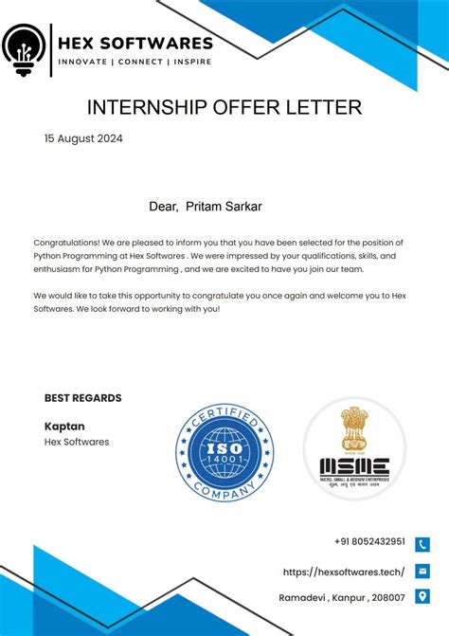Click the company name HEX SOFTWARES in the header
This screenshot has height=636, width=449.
pyautogui.click(x=135, y=43)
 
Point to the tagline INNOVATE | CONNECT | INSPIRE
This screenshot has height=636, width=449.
pyautogui.click(x=135, y=62)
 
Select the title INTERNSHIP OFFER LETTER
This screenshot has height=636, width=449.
pyautogui.click(x=224, y=106)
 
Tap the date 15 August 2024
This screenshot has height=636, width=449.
pyautogui.click(x=83, y=138)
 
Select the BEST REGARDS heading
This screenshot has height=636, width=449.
pyautogui.click(x=82, y=398)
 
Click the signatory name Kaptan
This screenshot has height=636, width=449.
pyautogui.click(x=64, y=426)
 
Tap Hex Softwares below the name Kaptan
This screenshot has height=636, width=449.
pyautogui.click(x=77, y=442)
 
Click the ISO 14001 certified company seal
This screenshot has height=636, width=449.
pyautogui.click(x=224, y=452)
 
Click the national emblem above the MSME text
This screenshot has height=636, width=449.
pyautogui.click(x=354, y=431)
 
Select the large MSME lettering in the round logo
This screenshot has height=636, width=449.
pyautogui.click(x=354, y=466)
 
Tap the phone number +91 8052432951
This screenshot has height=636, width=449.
pyautogui.click(x=369, y=542)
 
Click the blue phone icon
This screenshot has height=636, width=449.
pyautogui.click(x=422, y=544)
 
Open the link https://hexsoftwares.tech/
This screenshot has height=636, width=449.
pyautogui.click(x=344, y=572)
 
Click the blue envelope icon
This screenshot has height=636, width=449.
pyautogui.click(x=422, y=571)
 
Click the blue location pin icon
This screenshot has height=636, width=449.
pyautogui.click(x=422, y=596)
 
